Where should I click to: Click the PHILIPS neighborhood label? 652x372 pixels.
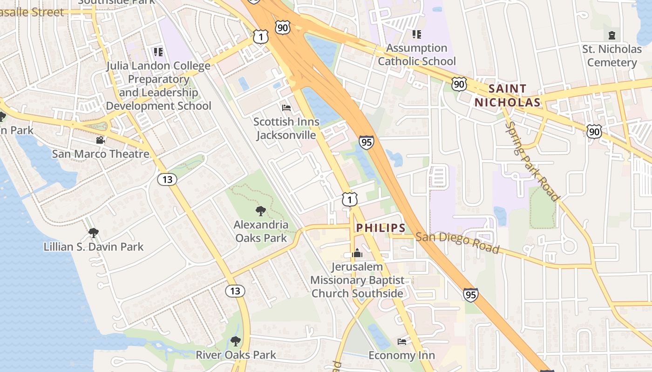(x=380, y=228)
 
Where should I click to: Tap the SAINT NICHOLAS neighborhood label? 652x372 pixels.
(x=508, y=95)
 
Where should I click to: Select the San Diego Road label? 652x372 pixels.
(x=457, y=243)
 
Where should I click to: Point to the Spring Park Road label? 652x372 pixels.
(x=532, y=161)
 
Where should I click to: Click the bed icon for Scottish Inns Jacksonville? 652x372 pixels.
(x=286, y=108)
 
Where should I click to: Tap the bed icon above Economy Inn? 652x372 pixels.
(x=401, y=342)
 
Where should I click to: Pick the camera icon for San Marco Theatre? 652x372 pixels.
(x=100, y=140)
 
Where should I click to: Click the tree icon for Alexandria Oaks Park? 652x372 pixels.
(x=261, y=211)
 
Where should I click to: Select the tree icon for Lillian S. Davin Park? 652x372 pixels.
(x=94, y=232)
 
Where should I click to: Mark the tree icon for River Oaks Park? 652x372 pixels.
(x=236, y=341)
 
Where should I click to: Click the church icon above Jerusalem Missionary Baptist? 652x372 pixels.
(x=357, y=253)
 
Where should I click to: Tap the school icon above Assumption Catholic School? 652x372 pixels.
(x=416, y=34)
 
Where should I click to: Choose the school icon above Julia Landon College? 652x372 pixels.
(x=158, y=52)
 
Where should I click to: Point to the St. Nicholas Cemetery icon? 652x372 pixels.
(x=611, y=35)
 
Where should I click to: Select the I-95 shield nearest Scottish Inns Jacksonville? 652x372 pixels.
(x=367, y=142)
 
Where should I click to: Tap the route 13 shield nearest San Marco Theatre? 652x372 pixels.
(x=167, y=179)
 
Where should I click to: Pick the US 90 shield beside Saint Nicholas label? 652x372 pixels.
(x=459, y=84)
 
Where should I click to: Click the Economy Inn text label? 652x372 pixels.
(x=401, y=355)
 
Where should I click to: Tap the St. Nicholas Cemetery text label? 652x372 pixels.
(x=611, y=55)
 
